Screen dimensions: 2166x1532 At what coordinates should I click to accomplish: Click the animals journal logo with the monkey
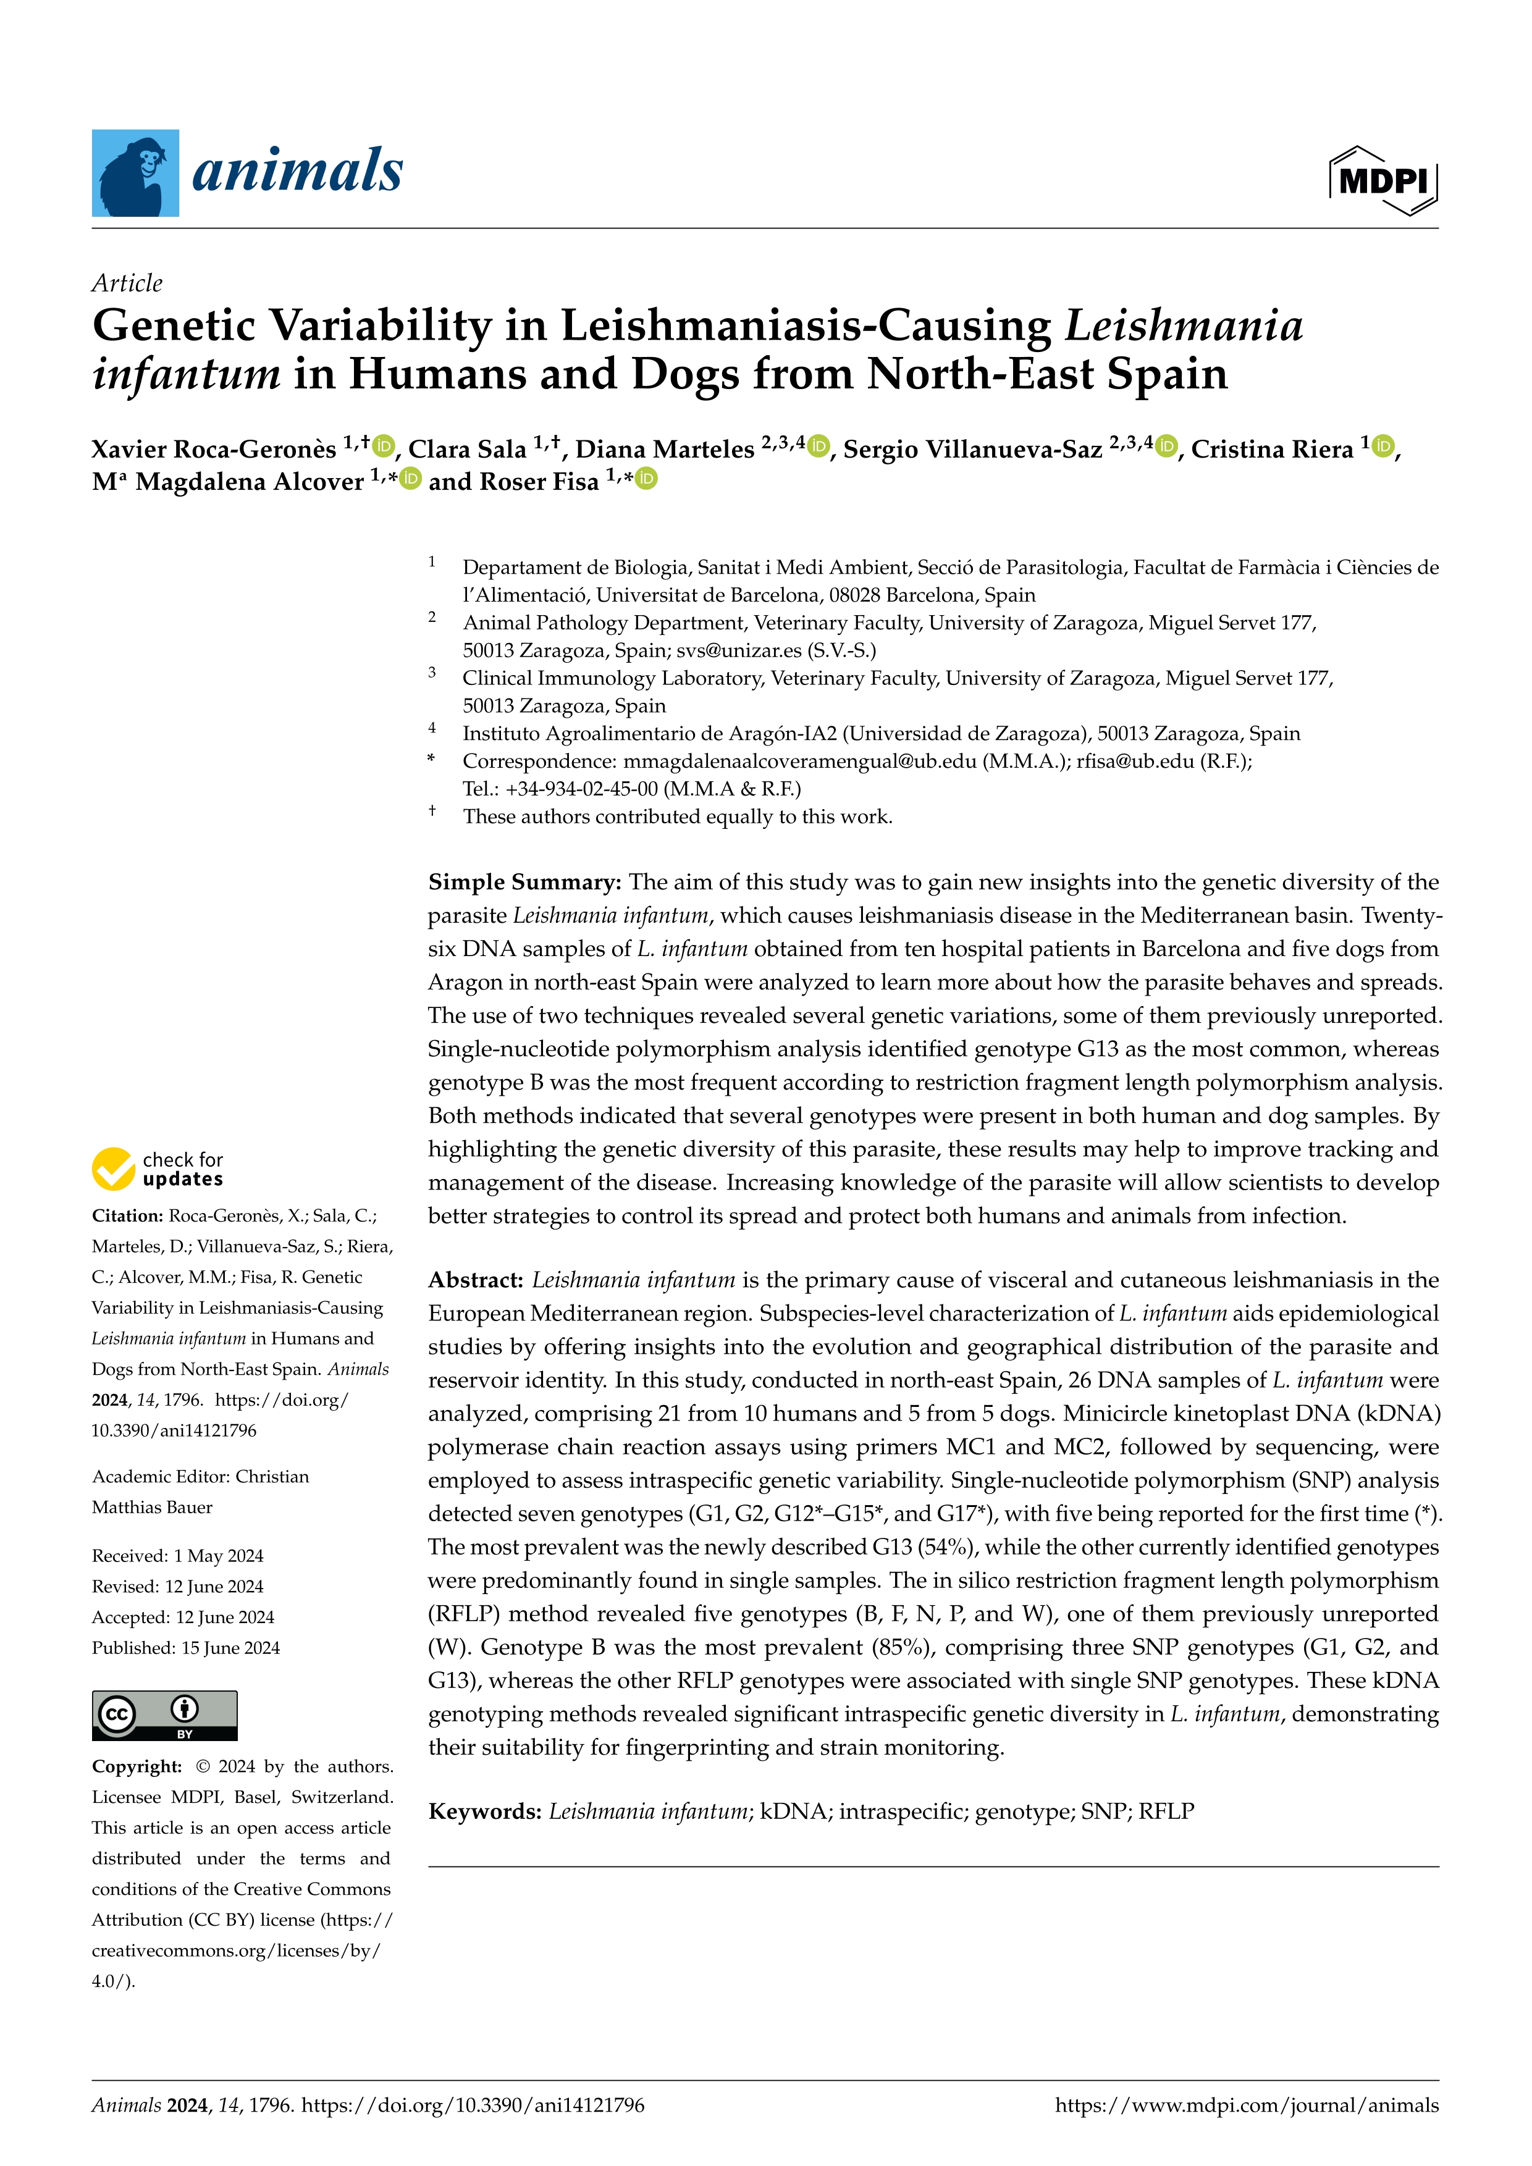coord(247,173)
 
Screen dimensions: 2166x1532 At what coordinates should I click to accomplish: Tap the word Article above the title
coord(127,283)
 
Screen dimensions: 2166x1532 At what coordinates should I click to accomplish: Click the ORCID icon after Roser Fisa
coord(646,479)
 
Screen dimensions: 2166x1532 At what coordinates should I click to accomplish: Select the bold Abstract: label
coord(476,1280)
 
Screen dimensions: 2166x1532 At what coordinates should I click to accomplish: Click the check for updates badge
coord(158,1169)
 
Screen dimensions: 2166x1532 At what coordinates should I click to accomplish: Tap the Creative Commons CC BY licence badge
coord(164,1715)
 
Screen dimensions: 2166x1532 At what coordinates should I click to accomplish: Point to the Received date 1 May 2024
coord(219,1556)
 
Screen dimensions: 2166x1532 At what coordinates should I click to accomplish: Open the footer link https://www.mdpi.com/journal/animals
coord(1246,2105)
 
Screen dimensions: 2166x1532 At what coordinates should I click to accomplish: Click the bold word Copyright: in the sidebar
coord(136,1766)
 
